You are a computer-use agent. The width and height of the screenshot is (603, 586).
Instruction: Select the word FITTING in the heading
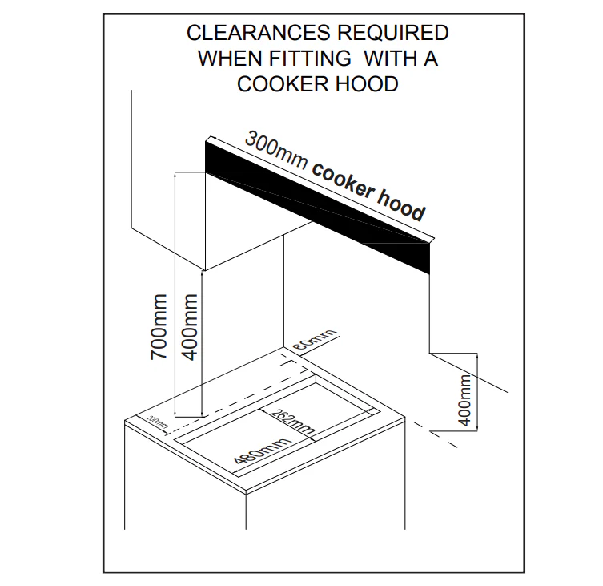pos(310,59)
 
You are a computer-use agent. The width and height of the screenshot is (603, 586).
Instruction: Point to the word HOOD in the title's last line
pos(367,84)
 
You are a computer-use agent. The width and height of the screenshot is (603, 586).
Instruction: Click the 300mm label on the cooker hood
pos(276,150)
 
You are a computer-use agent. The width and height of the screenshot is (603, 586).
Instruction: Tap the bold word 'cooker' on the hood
pos(343,181)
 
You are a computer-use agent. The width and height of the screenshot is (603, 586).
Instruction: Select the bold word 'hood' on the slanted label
pos(401,205)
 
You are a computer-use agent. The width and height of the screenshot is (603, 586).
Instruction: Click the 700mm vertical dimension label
pos(159,327)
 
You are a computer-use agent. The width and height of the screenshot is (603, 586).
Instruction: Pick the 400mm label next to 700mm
pos(189,327)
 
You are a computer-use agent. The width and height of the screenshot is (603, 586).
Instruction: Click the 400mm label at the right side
pos(464,400)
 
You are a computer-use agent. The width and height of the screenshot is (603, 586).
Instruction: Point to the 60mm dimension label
pos(314,339)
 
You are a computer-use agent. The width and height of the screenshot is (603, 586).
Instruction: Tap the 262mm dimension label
pos(293,422)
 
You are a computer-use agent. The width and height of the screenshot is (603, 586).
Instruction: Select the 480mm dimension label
pos(261,451)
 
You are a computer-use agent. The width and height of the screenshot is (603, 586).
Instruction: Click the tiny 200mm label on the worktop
pos(158,422)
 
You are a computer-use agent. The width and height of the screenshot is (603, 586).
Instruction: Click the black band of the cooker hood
pos(317,208)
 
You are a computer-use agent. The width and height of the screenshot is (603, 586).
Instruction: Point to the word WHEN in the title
pos(230,59)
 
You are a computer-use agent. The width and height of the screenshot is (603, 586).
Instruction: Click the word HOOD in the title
pos(367,84)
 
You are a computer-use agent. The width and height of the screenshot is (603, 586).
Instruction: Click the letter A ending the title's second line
pos(431,59)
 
